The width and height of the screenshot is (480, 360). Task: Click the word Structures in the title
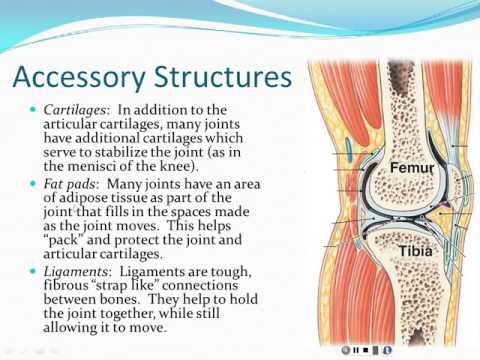coord(223,77)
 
